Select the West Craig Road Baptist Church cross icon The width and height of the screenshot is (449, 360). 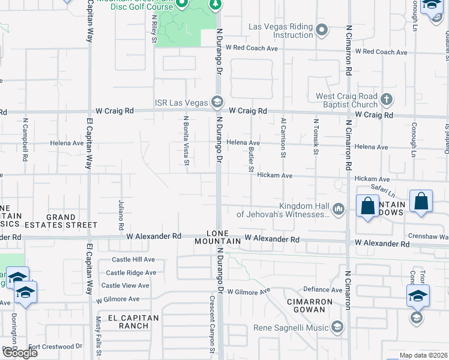[387, 99]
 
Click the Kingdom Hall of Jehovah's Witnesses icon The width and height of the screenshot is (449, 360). [339, 209]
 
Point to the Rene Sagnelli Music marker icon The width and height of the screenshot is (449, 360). [337, 327]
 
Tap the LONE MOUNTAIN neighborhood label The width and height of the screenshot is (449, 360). [217, 237]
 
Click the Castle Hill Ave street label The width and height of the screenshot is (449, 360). [133, 260]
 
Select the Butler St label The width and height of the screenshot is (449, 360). [251, 160]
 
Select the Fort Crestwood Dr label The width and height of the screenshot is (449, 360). [55, 347]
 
